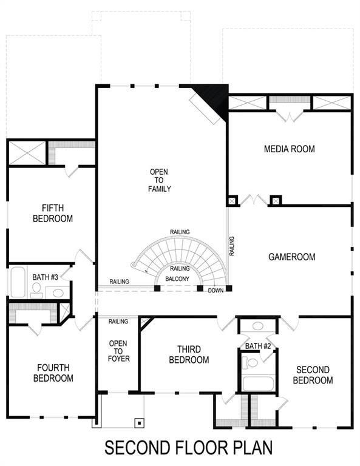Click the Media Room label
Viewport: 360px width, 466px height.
pos(289,149)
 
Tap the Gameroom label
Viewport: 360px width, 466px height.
pos(291,257)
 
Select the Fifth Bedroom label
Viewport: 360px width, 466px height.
pos(53,212)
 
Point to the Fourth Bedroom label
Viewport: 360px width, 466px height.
pos(53,373)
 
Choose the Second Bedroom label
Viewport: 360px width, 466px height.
pos(313,375)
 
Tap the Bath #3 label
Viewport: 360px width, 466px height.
pos(46,277)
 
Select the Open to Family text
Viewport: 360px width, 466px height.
pos(160,180)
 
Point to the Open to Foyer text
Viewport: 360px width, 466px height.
pos(118,351)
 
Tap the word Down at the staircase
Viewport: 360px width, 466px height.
pos(216,291)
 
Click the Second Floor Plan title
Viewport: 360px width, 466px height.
pos(189,448)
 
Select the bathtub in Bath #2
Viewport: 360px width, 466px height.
pos(259,383)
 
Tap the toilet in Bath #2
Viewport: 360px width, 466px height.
pos(251,363)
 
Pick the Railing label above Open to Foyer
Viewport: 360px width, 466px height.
pos(118,321)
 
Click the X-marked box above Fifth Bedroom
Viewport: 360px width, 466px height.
pos(27,152)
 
